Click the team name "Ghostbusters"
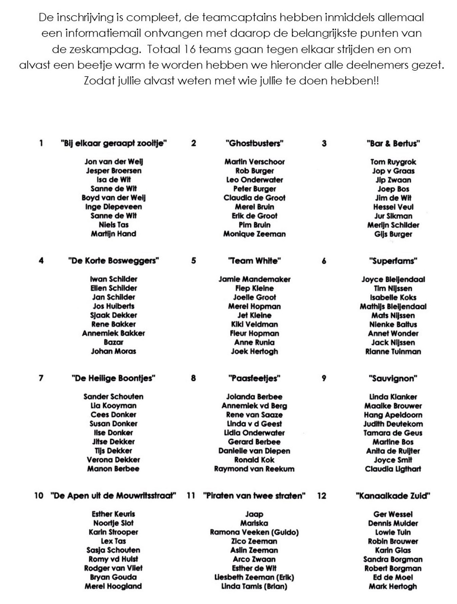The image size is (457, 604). pyautogui.click(x=254, y=144)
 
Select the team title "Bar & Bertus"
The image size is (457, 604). pyautogui.click(x=393, y=144)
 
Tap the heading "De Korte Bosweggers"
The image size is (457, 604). pyautogui.click(x=113, y=261)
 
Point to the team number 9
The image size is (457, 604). pyautogui.click(x=324, y=379)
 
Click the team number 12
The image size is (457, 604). pyautogui.click(x=322, y=496)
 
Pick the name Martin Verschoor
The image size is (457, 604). pyautogui.click(x=254, y=162)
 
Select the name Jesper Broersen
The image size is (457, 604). pyautogui.click(x=113, y=171)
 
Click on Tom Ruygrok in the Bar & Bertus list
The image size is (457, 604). pyautogui.click(x=393, y=162)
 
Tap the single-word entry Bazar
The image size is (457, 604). pyautogui.click(x=113, y=342)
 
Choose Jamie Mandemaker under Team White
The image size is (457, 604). pyautogui.click(x=254, y=279)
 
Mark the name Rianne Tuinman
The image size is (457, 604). pyautogui.click(x=393, y=352)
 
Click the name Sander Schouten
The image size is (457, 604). pyautogui.click(x=113, y=396)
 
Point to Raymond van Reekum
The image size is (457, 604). pyautogui.click(x=254, y=469)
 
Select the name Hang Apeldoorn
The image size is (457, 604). pyautogui.click(x=393, y=415)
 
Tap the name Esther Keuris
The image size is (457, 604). pyautogui.click(x=113, y=514)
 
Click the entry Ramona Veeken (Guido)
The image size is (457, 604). pyautogui.click(x=254, y=532)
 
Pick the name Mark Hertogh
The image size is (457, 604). pyautogui.click(x=393, y=586)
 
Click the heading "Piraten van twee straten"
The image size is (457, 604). pyautogui.click(x=254, y=496)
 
